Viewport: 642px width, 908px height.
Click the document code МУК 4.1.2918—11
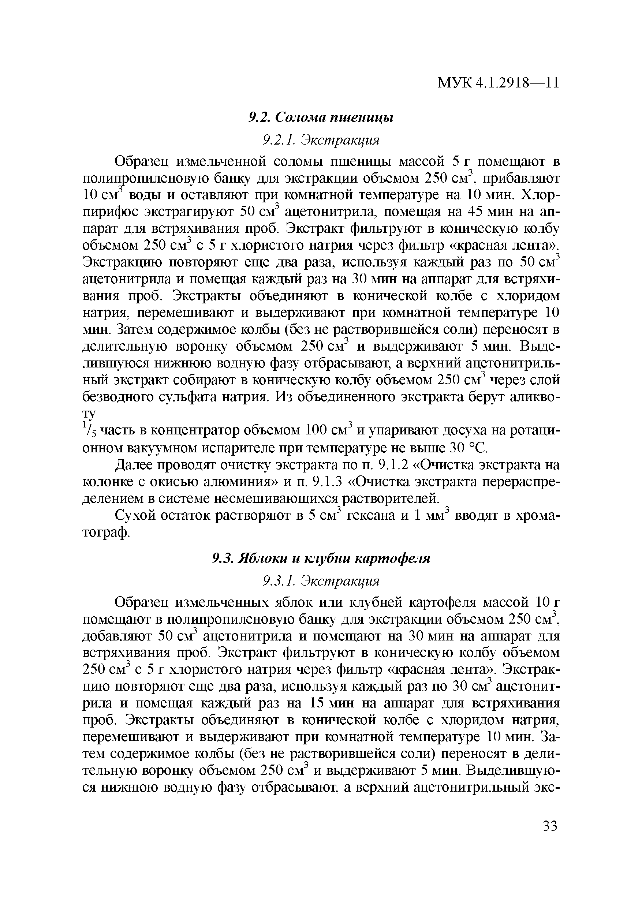pos(498,83)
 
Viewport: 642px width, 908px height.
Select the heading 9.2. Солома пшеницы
pos(321,117)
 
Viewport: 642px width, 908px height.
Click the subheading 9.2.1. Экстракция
pos(321,139)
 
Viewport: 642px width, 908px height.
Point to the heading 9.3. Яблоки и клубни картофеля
pos(321,558)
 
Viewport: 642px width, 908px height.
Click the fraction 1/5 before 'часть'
pos(89,430)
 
